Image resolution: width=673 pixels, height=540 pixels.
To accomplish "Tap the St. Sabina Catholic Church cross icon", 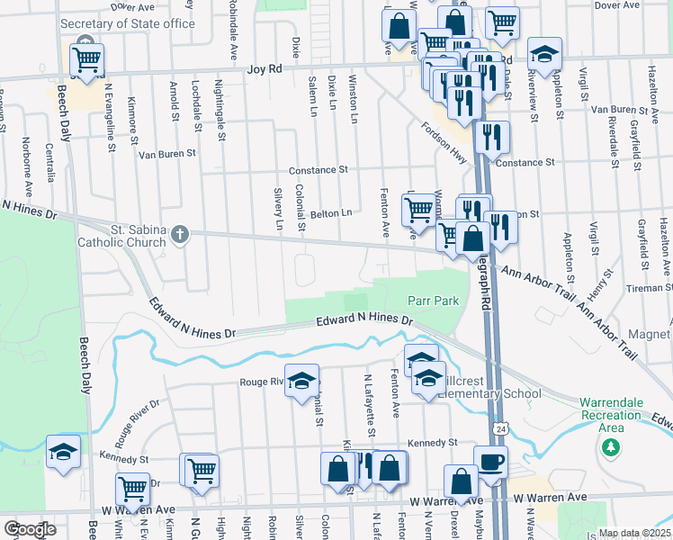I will tap(179, 235).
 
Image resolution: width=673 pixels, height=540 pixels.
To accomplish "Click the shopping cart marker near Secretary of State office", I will tap(86, 60).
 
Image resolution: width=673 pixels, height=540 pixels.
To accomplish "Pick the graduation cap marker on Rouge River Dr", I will tap(302, 382).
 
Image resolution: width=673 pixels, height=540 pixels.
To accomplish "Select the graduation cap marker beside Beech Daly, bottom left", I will tap(63, 453).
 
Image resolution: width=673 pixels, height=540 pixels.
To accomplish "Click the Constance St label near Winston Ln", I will tap(318, 170).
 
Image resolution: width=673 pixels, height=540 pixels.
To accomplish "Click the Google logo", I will tap(30, 529).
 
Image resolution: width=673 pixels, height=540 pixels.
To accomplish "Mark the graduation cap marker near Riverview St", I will tap(544, 55).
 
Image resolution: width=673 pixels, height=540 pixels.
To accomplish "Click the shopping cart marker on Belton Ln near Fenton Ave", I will tap(417, 211).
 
